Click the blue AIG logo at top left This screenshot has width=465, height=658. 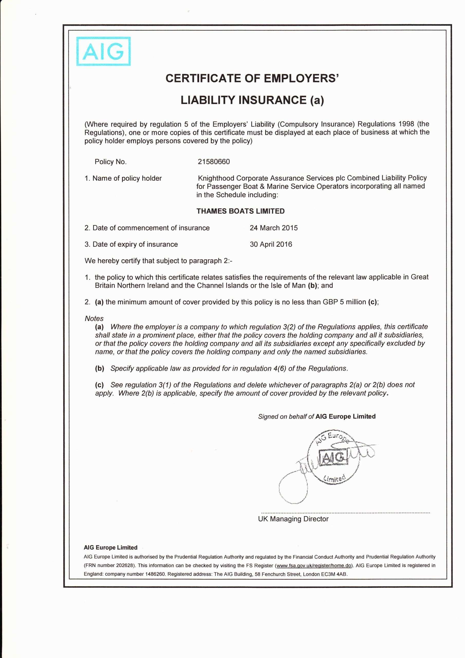104,52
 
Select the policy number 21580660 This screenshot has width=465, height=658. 214,162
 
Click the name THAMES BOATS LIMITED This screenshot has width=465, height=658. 240,211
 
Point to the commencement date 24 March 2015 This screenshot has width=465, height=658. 274,228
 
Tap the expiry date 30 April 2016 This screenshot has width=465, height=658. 271,244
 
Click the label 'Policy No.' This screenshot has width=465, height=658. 110,162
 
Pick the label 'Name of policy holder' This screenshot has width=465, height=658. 127,179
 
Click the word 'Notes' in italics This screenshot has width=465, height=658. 94,318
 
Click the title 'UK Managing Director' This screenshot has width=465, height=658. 293,519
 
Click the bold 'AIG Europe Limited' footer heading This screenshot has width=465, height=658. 110,547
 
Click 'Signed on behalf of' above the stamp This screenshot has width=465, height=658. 286,416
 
